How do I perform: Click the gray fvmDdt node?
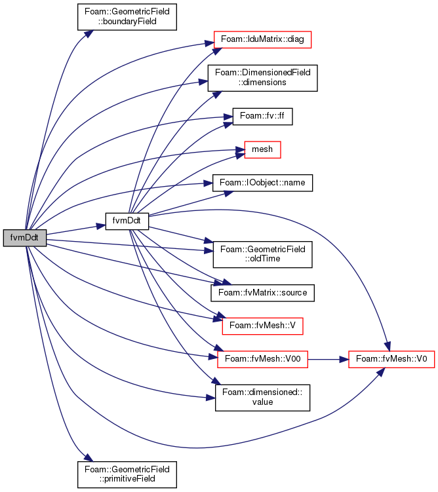(24, 238)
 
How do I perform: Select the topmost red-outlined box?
(262, 39)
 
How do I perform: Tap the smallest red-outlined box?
(262, 149)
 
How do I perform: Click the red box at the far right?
(391, 359)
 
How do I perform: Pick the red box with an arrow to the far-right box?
(262, 359)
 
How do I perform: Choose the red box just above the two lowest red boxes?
(262, 326)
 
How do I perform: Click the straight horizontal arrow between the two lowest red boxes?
(325, 359)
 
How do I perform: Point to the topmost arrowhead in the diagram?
(90, 32)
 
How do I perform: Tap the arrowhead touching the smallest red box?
(240, 153)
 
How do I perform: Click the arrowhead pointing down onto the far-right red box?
(388, 347)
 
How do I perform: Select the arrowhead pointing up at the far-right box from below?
(380, 371)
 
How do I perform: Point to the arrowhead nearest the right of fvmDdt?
(101, 226)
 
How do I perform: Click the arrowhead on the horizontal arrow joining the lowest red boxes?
(344, 359)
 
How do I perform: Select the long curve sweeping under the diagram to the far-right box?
(197, 447)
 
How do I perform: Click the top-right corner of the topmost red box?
(311, 31)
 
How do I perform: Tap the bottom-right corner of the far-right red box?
(434, 367)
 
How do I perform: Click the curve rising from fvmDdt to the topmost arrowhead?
(49, 111)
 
